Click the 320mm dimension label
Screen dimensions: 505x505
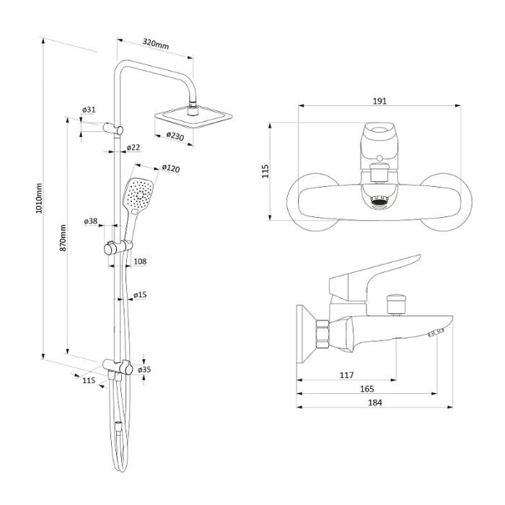(156, 45)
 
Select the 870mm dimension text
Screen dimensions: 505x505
(63, 237)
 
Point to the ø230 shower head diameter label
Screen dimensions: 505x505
(175, 135)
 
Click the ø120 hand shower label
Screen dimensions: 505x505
(170, 168)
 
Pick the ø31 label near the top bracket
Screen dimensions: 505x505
(89, 110)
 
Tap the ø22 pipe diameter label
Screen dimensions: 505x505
(133, 148)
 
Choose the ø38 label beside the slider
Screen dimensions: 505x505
(91, 221)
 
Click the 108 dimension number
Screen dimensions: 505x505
(140, 261)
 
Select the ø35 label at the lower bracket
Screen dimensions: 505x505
(144, 369)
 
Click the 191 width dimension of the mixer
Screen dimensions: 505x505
(379, 101)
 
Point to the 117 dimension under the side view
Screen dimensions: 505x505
(346, 374)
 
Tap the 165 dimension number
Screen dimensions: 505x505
(367, 389)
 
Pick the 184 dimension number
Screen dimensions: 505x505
(374, 403)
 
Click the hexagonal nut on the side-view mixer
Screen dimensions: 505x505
(322, 334)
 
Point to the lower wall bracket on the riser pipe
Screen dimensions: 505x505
(118, 366)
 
